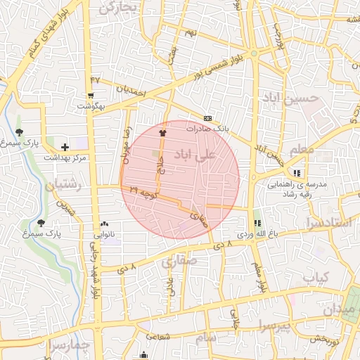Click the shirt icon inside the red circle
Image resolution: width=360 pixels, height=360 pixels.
(x=164, y=131)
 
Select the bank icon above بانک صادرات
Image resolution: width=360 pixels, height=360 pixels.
(x=207, y=118)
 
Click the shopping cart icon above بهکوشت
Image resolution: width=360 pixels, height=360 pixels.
(x=91, y=96)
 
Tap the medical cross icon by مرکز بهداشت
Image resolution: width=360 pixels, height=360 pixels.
(x=65, y=147)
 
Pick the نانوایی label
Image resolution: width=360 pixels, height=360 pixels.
(x=104, y=232)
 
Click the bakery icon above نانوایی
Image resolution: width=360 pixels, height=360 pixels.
(x=104, y=222)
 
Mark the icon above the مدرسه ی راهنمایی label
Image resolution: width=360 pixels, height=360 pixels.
(x=297, y=172)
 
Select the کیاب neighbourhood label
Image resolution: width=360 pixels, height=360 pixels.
(x=316, y=278)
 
